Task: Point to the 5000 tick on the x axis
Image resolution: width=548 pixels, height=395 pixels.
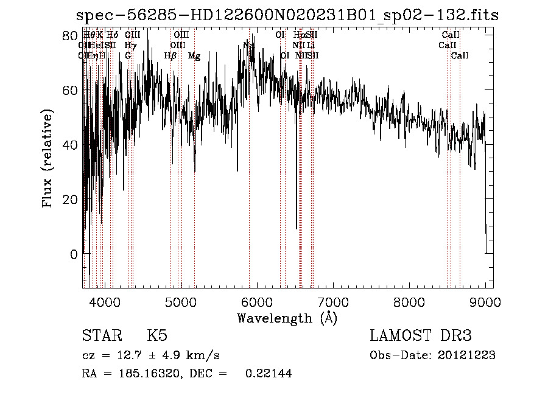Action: click(180, 301)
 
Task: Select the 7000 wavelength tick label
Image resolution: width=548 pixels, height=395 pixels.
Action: click(333, 301)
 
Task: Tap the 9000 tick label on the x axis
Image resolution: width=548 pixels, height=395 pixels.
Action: click(485, 301)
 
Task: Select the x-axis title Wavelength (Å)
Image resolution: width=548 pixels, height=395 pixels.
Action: click(287, 318)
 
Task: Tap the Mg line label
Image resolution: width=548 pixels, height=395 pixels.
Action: click(194, 56)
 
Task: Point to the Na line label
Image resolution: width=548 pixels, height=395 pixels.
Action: click(248, 45)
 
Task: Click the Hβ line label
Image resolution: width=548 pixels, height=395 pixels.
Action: click(170, 56)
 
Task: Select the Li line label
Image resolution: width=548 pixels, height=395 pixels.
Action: click(311, 45)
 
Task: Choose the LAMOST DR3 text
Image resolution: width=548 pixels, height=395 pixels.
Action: click(420, 336)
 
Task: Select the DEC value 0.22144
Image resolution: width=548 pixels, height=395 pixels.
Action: click(268, 374)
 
